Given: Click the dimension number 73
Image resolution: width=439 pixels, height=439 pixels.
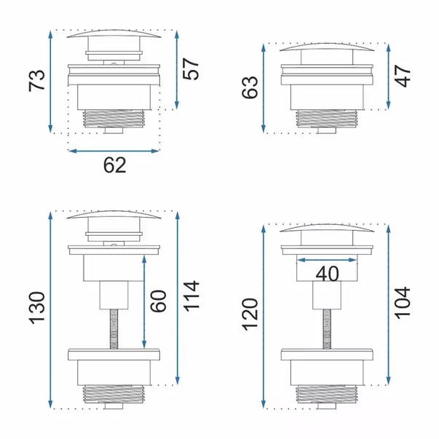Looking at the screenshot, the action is (x=36, y=81).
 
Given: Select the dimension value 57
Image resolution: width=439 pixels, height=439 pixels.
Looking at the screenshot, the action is (x=191, y=69).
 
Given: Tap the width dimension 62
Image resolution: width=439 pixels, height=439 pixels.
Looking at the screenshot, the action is (x=115, y=165).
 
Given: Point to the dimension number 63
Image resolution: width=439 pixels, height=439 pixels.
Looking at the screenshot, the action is (x=250, y=87).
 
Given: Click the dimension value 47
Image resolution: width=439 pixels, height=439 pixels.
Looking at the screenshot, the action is (x=403, y=76).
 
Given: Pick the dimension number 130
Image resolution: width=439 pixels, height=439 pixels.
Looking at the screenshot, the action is (x=37, y=308).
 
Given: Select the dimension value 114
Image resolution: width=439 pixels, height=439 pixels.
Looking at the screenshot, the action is (x=191, y=296).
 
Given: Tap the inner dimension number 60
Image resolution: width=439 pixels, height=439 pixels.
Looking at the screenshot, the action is (x=159, y=301).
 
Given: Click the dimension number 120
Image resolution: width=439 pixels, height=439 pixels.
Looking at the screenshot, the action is (x=250, y=315).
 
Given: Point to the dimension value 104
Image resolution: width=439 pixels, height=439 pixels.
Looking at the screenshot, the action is (x=403, y=303).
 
